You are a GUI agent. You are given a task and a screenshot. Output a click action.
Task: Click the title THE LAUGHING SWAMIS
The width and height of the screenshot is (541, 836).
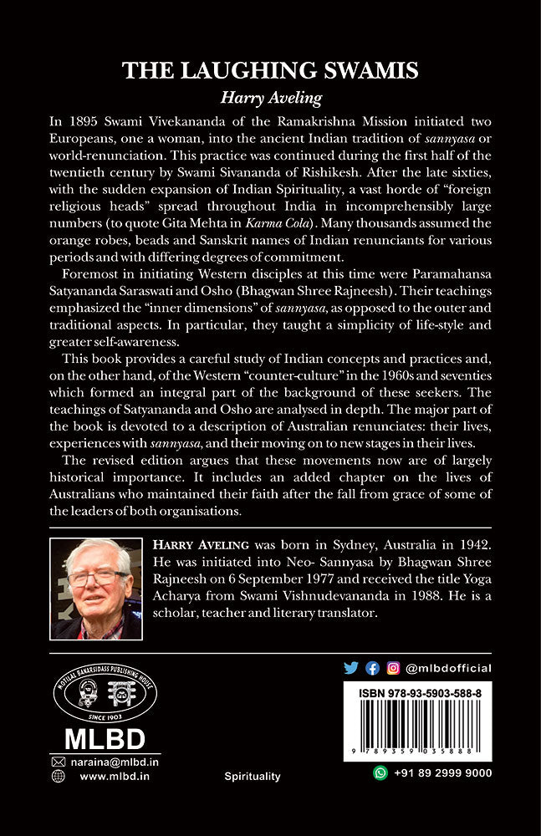coord(270,71)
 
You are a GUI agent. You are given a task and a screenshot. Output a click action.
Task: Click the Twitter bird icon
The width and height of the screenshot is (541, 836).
coord(352,667)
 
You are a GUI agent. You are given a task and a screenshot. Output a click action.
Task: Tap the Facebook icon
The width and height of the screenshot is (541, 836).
coord(373,667)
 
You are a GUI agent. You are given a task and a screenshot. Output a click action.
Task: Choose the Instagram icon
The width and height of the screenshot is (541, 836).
coord(392,667)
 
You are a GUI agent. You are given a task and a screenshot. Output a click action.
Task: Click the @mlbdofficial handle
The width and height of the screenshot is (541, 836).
coord(448,668)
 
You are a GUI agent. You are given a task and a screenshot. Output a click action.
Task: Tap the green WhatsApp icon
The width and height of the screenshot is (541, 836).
coord(380,774)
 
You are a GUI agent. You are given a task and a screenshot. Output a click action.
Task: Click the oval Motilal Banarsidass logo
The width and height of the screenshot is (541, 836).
coord(105,697)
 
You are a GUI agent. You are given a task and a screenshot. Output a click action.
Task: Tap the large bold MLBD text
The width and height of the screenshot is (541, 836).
coord(105,741)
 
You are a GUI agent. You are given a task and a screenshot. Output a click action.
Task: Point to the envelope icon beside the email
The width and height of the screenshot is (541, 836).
coord(59,762)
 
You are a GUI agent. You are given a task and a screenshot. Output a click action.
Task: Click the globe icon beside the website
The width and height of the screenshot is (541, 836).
coord(59,777)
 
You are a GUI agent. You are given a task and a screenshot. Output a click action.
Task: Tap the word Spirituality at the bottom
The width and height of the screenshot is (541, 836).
coord(253,777)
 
